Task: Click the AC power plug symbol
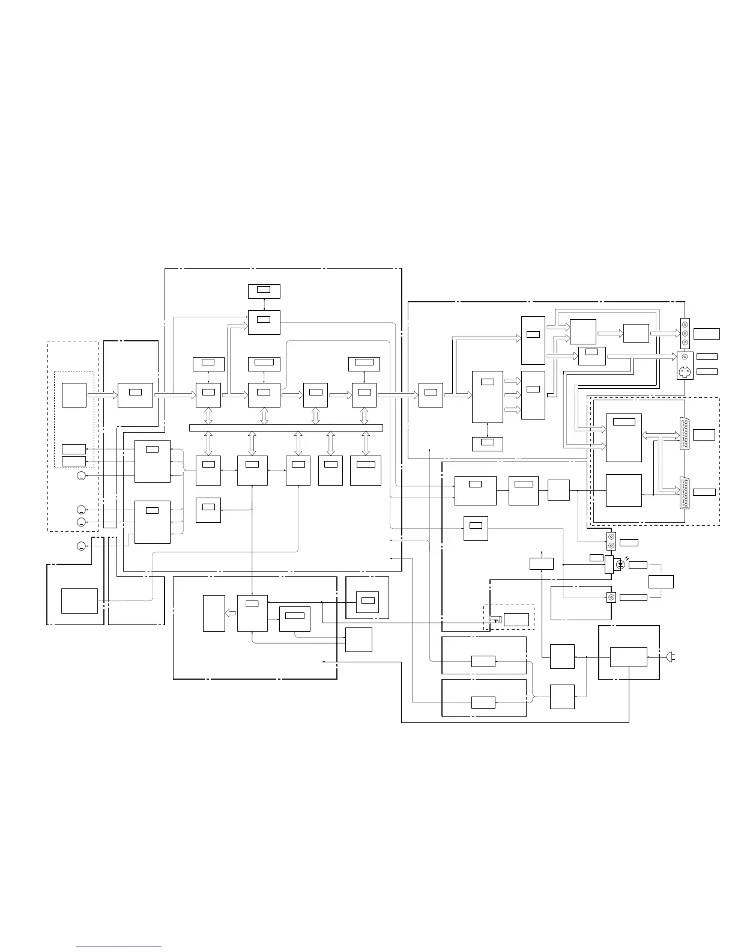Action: click(x=671, y=658)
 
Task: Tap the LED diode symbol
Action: click(x=620, y=565)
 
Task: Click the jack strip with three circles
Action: click(x=685, y=334)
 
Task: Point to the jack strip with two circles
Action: click(x=611, y=541)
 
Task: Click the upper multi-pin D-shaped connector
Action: click(x=684, y=434)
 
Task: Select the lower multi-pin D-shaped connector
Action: click(x=684, y=492)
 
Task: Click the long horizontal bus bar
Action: click(x=286, y=427)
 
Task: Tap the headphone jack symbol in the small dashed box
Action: click(x=494, y=620)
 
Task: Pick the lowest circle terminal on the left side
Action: click(x=82, y=546)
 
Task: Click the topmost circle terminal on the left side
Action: click(x=82, y=476)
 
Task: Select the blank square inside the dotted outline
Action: click(x=74, y=394)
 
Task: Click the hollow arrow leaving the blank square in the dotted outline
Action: click(x=103, y=395)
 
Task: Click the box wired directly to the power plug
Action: click(x=629, y=658)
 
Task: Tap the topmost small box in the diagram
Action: click(x=264, y=291)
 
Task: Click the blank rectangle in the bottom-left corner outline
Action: click(x=79, y=601)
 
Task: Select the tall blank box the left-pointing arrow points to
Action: click(x=214, y=613)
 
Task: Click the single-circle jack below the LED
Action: click(x=611, y=597)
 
